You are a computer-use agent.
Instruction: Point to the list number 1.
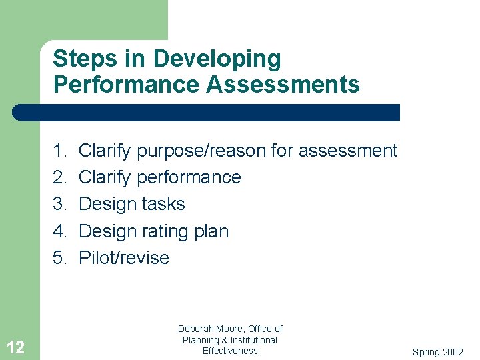point(60,151)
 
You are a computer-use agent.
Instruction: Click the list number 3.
point(60,204)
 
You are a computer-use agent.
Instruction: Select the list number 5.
point(60,258)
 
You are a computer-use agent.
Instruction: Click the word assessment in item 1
point(347,151)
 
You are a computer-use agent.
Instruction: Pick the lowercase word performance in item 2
point(189,178)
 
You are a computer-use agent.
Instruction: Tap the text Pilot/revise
point(124,258)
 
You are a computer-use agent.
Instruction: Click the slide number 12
point(16,347)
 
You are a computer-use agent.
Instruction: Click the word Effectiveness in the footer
point(230,351)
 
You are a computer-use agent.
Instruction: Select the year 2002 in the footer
point(453,352)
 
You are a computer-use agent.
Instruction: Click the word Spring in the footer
point(426,352)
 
